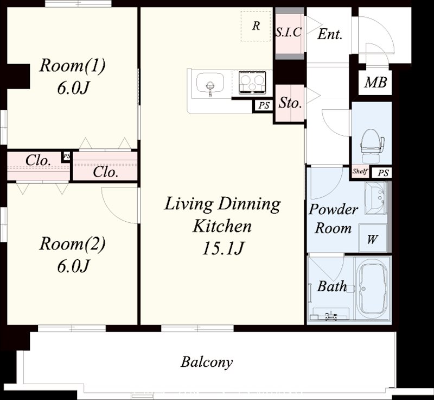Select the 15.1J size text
[223, 248]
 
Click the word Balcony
[207, 362]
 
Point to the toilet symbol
[372, 146]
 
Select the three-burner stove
[252, 82]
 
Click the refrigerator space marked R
[256, 26]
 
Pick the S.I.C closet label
[289, 33]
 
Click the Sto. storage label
[290, 103]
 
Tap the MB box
[375, 82]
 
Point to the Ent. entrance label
[329, 34]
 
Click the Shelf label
[360, 171]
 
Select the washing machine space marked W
[373, 238]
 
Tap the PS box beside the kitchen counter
[264, 105]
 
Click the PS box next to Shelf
[384, 173]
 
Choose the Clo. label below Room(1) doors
[106, 172]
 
